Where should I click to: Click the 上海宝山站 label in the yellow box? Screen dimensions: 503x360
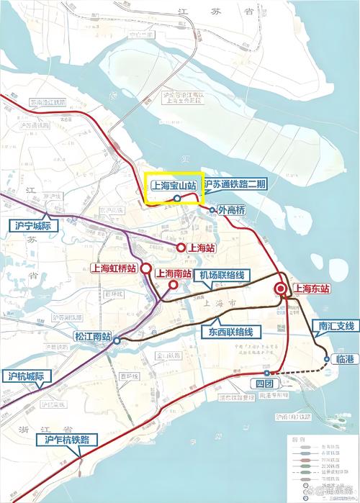coord(174,185)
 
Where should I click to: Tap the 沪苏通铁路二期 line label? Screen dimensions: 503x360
coord(235,185)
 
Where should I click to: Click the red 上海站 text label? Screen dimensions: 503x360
coord(202,248)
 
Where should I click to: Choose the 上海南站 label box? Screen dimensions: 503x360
coord(173,273)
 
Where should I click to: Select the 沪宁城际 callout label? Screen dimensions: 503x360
coord(35,225)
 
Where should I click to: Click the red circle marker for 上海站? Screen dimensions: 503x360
coord(181,248)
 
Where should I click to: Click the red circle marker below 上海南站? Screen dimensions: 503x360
coord(174,285)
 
